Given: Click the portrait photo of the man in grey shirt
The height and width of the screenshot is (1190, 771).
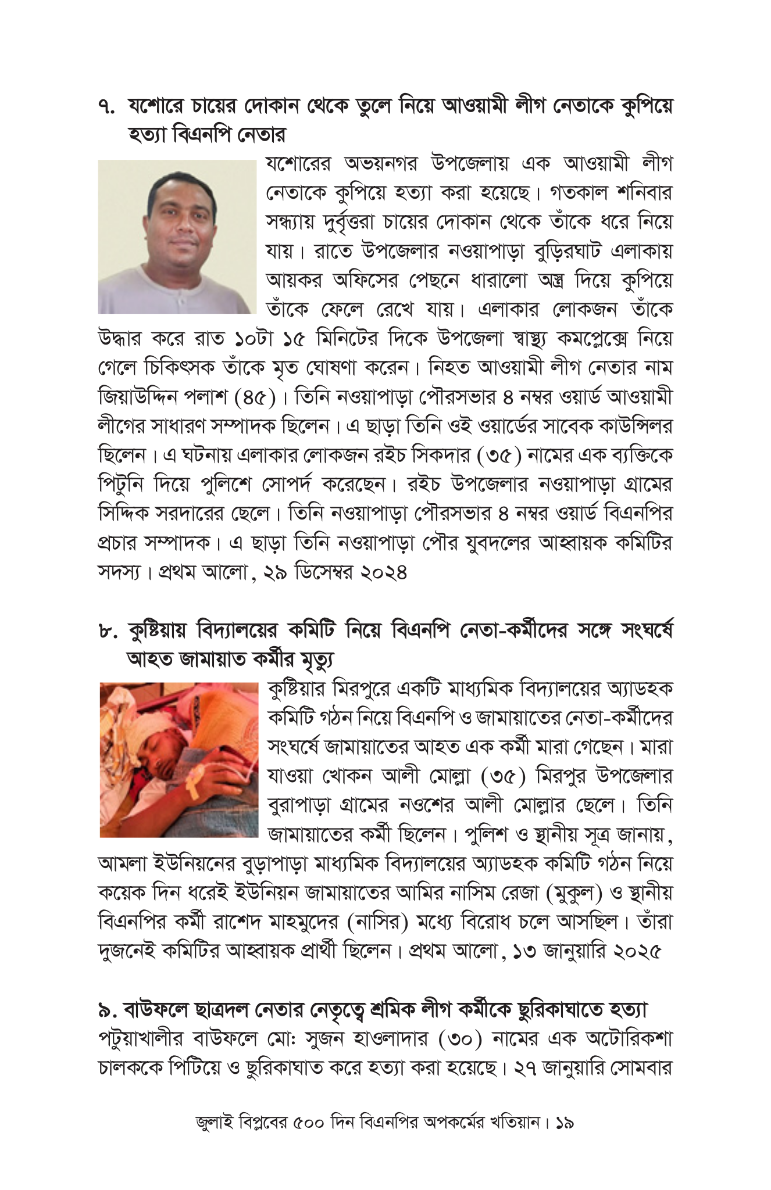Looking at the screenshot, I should click(x=177, y=236).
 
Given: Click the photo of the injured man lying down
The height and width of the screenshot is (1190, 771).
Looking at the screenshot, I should click(x=179, y=759).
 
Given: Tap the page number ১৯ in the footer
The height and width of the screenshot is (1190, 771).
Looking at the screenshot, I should click(x=565, y=1123).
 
